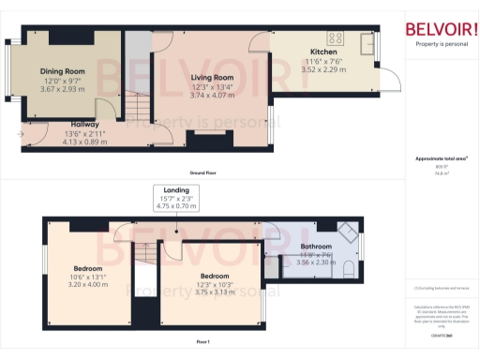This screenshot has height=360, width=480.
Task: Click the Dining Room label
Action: tap(63, 71)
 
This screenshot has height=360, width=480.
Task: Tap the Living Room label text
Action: tap(212, 78)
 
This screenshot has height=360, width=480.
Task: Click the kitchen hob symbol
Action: tap(337, 39)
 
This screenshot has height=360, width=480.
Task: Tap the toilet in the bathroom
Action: tap(349, 272)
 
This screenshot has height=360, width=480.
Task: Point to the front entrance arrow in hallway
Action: tap(21, 133)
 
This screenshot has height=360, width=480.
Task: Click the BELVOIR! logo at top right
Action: tap(436, 29)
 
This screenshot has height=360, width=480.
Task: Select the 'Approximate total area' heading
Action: tap(435, 159)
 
